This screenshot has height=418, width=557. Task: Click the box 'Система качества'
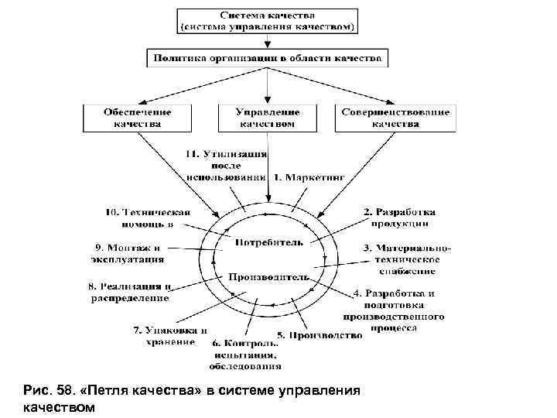tap(267, 21)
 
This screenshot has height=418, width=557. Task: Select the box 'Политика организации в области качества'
tap(267, 58)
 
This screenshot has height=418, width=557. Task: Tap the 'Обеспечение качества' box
tap(138, 118)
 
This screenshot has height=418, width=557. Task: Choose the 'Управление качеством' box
tap(267, 118)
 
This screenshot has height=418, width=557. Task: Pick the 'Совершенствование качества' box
tap(394, 118)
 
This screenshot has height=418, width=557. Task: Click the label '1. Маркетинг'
tap(308, 177)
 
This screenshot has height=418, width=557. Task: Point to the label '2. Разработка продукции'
tap(399, 218)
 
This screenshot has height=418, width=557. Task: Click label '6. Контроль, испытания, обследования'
tap(244, 354)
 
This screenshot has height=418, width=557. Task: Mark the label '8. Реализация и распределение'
tap(128, 292)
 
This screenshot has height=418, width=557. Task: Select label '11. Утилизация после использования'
tap(226, 165)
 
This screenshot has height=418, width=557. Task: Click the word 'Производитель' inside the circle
tap(268, 276)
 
